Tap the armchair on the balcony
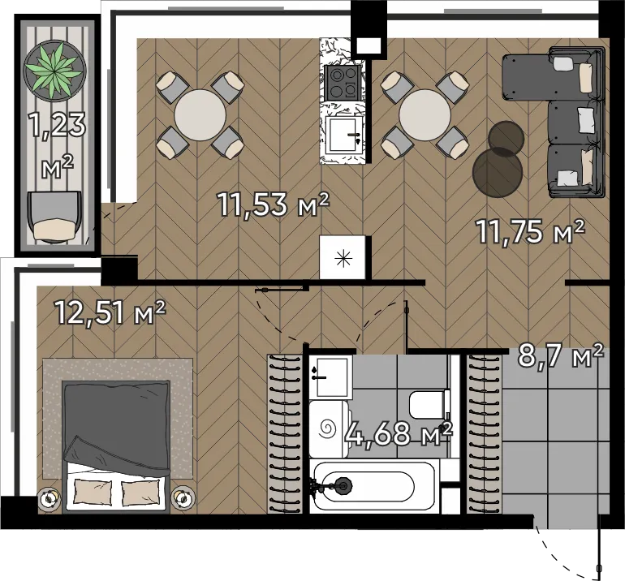[x=54, y=217]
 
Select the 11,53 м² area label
[x=274, y=204]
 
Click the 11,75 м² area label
[x=530, y=231]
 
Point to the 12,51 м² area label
[x=110, y=312]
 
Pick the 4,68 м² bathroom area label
[x=399, y=433]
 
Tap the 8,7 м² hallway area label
[x=561, y=355]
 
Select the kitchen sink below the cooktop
[x=343, y=135]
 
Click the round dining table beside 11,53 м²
[x=200, y=114]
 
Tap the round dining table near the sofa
[x=425, y=114]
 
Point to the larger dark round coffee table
[x=498, y=172]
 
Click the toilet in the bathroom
[x=429, y=404]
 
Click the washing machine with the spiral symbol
[x=330, y=429]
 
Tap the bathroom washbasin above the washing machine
[x=332, y=377]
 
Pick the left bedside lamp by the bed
[x=49, y=497]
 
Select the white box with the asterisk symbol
[x=343, y=257]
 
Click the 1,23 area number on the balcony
[x=58, y=125]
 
